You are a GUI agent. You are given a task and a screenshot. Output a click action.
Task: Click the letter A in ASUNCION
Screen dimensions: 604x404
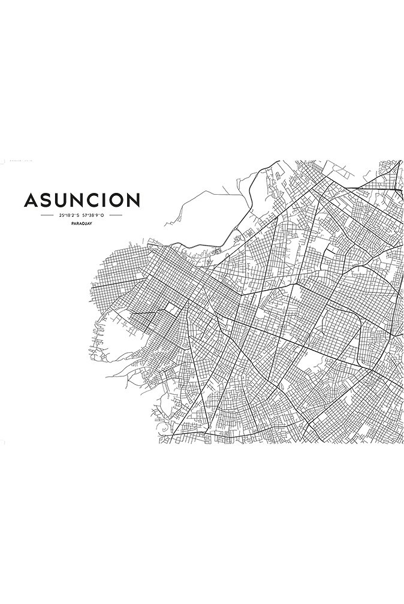pyautogui.click(x=31, y=200)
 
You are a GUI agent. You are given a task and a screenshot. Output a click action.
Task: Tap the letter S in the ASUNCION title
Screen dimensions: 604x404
pyautogui.click(x=47, y=200)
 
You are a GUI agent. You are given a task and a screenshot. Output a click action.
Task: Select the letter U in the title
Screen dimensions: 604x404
pyautogui.click(x=62, y=200)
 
